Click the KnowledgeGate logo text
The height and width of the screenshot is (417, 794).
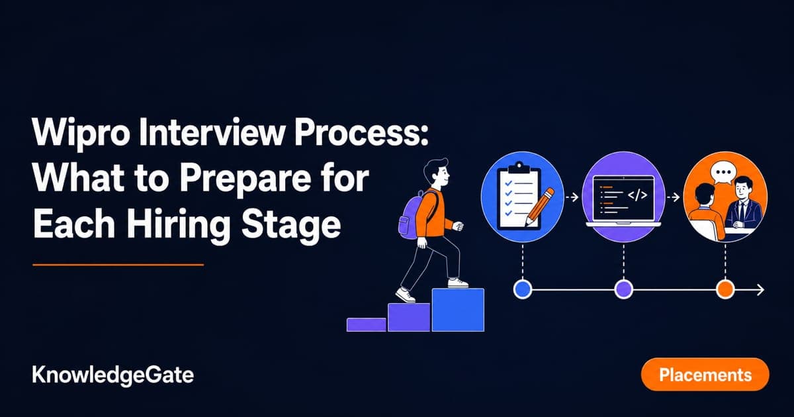click(x=113, y=375)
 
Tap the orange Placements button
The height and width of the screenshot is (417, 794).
click(x=705, y=375)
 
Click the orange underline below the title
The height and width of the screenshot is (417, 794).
click(x=118, y=265)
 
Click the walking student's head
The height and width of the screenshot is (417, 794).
click(x=436, y=173)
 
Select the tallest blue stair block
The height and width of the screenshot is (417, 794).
click(x=458, y=310)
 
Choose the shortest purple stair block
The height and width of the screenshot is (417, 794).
click(x=367, y=325)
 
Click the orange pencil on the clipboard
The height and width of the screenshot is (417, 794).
click(x=540, y=207)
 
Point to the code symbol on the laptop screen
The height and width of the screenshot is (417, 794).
click(x=637, y=195)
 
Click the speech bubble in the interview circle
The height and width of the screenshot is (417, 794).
click(x=722, y=173)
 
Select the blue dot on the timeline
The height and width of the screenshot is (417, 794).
click(x=523, y=289)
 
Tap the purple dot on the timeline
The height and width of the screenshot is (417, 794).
click(x=623, y=289)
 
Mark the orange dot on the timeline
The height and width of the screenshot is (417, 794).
click(x=725, y=289)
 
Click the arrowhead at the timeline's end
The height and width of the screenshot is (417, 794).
click(x=761, y=290)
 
